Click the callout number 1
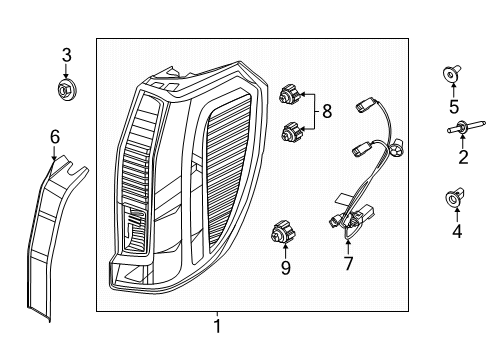(217, 326)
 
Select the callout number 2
(463, 157)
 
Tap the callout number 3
(67, 55)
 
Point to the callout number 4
(457, 231)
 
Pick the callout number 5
(454, 107)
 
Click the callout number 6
(55, 137)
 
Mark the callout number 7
(348, 263)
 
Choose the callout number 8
(327, 111)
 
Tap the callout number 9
(286, 267)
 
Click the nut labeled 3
(66, 89)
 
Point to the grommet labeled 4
(455, 198)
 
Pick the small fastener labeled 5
(452, 75)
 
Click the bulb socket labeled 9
(283, 232)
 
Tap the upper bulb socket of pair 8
(290, 94)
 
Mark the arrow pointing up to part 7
(348, 247)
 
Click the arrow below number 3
(66, 72)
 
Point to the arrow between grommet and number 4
(457, 214)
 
